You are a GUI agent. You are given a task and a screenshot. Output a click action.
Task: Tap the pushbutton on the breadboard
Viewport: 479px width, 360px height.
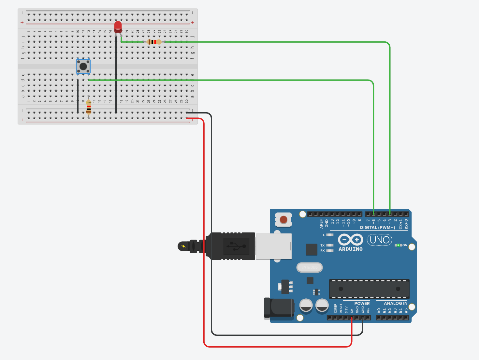tap(83, 67)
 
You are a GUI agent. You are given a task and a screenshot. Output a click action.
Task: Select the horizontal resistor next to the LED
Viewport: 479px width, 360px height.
tap(154, 42)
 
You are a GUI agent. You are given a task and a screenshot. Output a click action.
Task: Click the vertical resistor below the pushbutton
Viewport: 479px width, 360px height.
tap(89, 107)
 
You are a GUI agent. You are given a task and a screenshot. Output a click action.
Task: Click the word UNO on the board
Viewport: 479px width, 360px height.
tap(380, 240)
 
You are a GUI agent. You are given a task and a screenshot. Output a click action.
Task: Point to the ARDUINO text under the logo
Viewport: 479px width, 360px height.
tap(351, 249)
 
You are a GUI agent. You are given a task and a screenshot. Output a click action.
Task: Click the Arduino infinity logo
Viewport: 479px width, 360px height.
tap(351, 240)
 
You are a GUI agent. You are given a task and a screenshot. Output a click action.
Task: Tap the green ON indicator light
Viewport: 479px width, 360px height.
tap(398, 245)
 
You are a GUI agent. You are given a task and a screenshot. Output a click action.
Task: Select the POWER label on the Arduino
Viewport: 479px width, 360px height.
tap(362, 303)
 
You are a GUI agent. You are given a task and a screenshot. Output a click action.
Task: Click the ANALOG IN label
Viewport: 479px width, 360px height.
tap(396, 303)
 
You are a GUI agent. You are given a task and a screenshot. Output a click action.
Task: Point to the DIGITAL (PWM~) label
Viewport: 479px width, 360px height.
tap(377, 228)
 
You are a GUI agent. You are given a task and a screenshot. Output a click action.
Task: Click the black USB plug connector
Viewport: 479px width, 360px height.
tap(233, 246)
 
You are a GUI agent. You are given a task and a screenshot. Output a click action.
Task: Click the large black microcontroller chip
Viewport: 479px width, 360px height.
tap(369, 289)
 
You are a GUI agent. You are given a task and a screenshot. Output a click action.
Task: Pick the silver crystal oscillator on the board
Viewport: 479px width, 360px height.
tap(310, 267)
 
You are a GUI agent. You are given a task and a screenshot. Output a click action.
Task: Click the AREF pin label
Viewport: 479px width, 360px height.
tap(322, 224)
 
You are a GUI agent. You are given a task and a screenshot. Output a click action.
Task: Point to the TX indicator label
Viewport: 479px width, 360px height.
tap(322, 245)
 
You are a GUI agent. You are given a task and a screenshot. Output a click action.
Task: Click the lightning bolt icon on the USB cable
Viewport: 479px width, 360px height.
tap(183, 246)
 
